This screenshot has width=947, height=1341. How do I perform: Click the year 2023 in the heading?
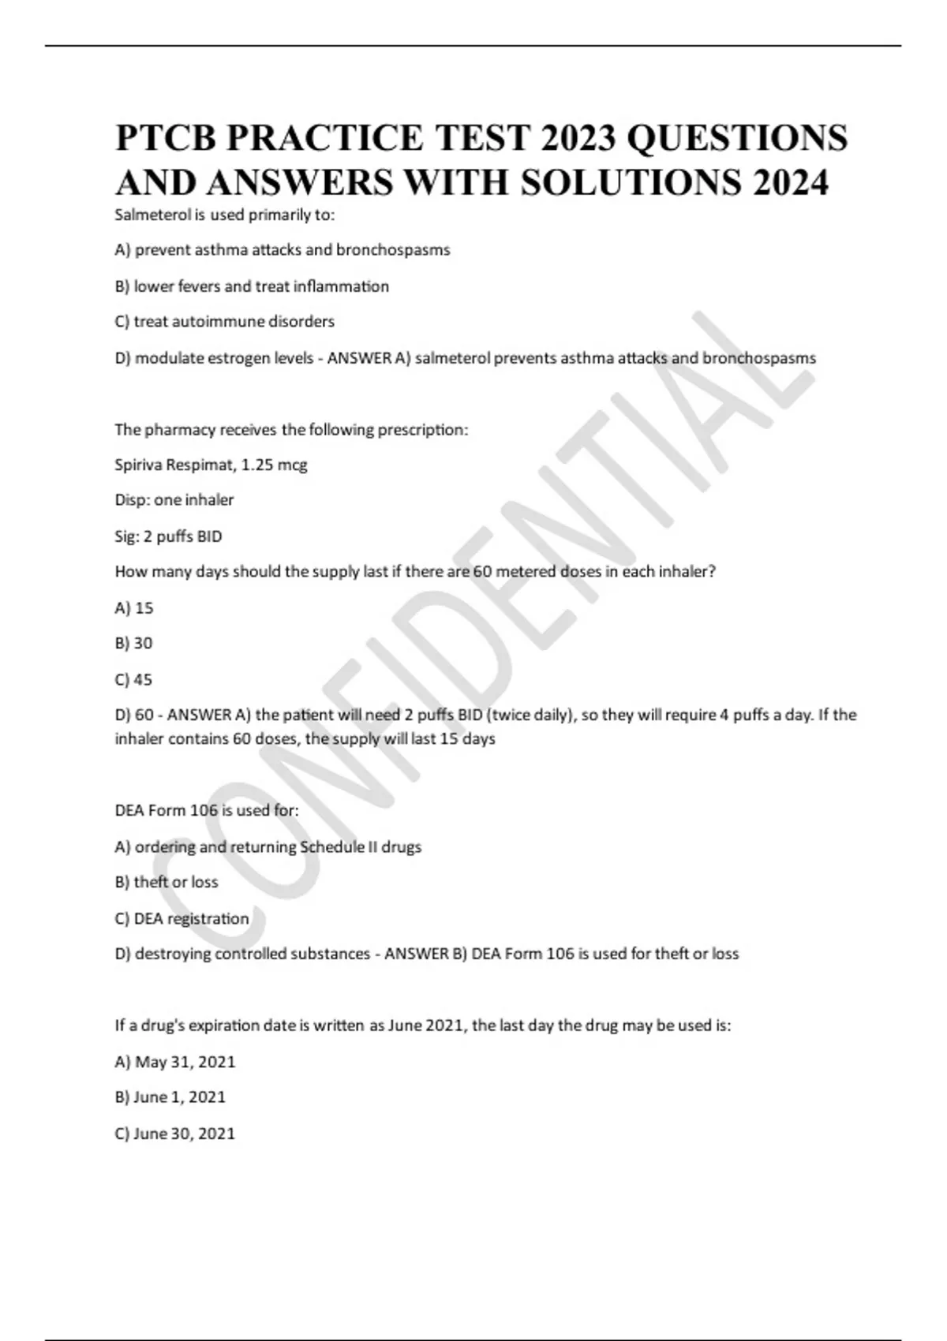coord(578,138)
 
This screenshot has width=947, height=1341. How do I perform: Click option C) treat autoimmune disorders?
coord(225,322)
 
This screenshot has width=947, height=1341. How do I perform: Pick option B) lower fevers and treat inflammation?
coord(252,286)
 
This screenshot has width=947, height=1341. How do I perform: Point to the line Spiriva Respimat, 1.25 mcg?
coord(211,465)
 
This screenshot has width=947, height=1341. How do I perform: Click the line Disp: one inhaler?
coord(174,500)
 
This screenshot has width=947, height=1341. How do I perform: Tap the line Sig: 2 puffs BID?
coord(168,536)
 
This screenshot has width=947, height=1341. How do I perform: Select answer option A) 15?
coord(134,608)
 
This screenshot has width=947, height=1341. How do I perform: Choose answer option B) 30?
coord(133,644)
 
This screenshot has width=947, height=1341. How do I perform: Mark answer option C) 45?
coord(133,680)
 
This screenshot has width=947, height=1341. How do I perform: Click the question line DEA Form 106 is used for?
coord(207,810)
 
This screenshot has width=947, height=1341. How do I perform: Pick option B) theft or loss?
coord(167,882)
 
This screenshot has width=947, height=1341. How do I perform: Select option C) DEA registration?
coord(182,918)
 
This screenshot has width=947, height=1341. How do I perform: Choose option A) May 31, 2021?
coord(175,1062)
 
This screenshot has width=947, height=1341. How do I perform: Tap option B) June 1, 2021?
coord(170,1097)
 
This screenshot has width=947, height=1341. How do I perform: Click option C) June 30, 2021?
coord(175,1134)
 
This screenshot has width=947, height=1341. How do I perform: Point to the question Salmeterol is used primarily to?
coord(225,215)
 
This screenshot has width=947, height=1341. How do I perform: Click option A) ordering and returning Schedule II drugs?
coord(268,846)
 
